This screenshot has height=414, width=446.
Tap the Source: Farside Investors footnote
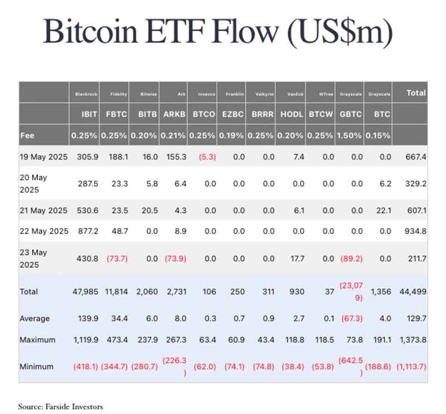click(x=61, y=407)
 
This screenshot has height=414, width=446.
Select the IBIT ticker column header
click(x=90, y=114)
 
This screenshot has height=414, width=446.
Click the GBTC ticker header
click(x=351, y=114)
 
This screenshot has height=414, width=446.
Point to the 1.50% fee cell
click(x=350, y=135)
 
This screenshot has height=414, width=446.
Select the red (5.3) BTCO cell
click(x=204, y=157)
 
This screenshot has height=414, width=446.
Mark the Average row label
click(x=35, y=319)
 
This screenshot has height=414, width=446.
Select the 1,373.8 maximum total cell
click(x=411, y=340)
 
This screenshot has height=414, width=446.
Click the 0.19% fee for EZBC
click(x=231, y=135)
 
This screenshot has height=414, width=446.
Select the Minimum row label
click(x=36, y=367)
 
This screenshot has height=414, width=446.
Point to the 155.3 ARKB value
click(x=176, y=157)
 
